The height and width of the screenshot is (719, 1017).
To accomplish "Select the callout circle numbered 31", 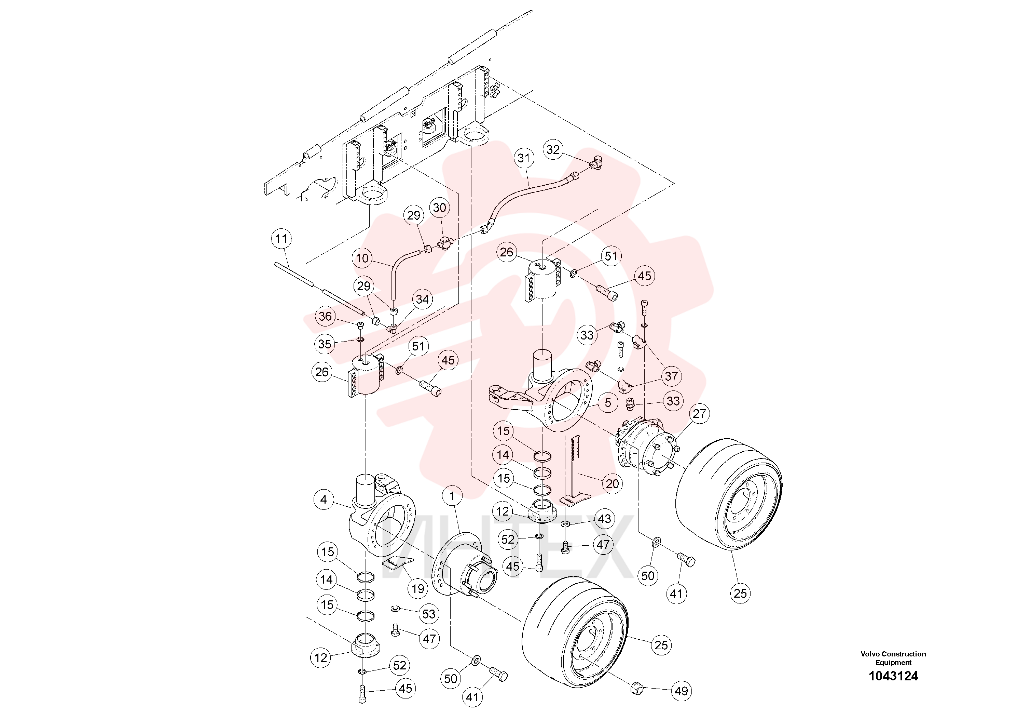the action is [524, 158].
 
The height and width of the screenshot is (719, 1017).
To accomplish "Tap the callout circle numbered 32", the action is [553, 149].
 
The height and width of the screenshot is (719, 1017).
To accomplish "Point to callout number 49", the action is [681, 691].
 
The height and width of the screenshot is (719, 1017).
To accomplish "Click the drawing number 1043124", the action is [893, 676].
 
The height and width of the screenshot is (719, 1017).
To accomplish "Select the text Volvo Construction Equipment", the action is [893, 658].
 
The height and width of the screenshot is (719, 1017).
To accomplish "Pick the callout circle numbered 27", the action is [699, 414].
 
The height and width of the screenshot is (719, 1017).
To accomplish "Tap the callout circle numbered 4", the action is [324, 500].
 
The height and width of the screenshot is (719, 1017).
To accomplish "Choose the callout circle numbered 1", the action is [452, 496].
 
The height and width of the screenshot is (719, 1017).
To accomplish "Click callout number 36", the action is [325, 316].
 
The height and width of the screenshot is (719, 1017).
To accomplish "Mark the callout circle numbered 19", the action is [418, 589].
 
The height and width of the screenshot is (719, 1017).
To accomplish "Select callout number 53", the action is [429, 614].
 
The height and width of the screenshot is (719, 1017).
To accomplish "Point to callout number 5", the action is [608, 402].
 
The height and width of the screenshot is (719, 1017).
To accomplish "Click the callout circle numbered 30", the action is [439, 208].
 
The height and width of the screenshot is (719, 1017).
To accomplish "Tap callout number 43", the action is [605, 519].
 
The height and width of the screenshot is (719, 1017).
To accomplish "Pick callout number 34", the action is [422, 299].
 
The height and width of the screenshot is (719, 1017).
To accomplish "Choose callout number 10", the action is [362, 258].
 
